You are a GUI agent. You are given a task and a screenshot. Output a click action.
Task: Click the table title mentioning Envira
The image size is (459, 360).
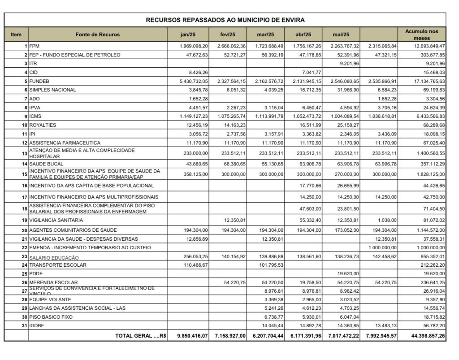click(225, 20)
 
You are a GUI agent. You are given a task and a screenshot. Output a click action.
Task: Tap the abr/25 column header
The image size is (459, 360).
click(303, 35)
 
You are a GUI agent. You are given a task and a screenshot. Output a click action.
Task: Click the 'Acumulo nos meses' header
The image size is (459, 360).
click(422, 35)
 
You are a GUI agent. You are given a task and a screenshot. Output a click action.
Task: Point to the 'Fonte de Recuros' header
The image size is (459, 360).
click(98, 35)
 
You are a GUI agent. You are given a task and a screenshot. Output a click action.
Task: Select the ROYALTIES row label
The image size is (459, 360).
click(43, 125)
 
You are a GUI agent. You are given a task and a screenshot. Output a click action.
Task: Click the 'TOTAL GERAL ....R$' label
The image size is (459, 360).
click(141, 336)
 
